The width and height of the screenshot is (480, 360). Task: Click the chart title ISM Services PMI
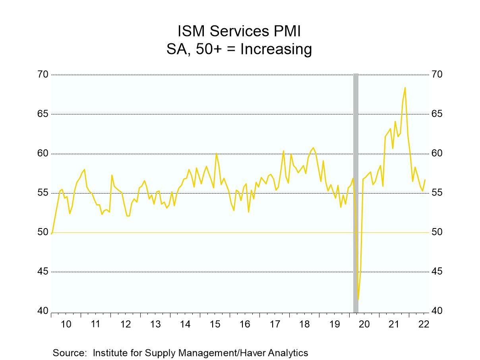click(240, 31)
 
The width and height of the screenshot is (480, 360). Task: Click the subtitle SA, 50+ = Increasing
click(240, 50)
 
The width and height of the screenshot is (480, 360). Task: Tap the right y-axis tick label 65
click(437, 114)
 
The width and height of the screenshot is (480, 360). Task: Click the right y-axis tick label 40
click(437, 311)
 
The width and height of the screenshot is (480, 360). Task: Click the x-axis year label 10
click(66, 324)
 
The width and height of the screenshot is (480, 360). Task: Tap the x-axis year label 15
click(215, 324)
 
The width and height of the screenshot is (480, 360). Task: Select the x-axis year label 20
click(364, 324)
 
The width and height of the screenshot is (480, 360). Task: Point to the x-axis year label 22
click(424, 324)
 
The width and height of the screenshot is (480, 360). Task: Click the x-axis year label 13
click(155, 324)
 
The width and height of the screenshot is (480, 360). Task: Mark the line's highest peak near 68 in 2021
click(405, 87)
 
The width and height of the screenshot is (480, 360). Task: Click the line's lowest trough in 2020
click(358, 299)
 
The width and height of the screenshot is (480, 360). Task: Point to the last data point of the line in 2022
click(425, 180)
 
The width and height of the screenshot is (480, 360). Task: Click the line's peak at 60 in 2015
click(216, 153)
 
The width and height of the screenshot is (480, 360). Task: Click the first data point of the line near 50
click(52, 234)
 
